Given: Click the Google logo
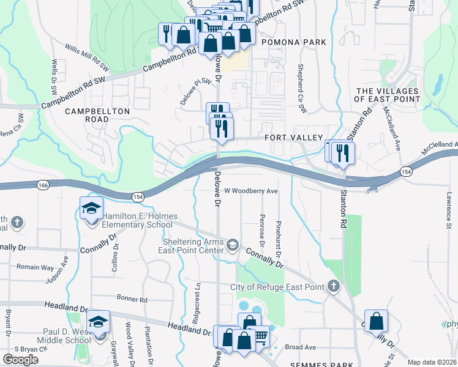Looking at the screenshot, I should click(x=20, y=360).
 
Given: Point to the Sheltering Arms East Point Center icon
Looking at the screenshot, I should click(x=233, y=245).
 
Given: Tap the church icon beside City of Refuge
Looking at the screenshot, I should click(x=333, y=286).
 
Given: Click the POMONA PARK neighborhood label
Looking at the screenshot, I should click(x=293, y=42).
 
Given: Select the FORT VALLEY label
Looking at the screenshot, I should click(x=293, y=138).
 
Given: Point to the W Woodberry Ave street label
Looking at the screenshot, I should click(x=251, y=191).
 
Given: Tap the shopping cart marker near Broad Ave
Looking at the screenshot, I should click(x=261, y=336).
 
